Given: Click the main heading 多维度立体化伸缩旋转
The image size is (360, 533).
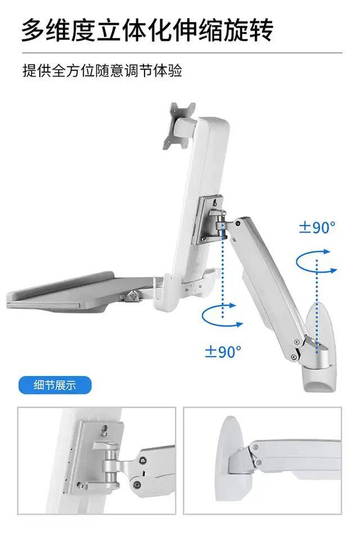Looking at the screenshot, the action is click(147, 30).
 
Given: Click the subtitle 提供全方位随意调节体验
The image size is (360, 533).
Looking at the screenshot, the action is click(102, 71).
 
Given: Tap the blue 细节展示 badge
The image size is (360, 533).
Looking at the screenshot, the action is click(55, 385).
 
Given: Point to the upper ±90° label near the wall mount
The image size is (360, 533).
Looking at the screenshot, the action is click(317, 227).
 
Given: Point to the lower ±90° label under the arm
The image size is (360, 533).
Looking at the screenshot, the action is click(223, 351).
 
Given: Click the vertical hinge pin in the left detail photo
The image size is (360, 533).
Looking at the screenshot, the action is click(111, 463).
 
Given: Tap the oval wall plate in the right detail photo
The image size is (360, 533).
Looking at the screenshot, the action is click(231, 459).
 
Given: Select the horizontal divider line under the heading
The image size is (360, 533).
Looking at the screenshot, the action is click(182, 53).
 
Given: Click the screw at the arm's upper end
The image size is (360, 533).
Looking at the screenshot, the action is click(238, 223).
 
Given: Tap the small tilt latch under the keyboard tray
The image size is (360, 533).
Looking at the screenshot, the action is click(132, 295).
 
